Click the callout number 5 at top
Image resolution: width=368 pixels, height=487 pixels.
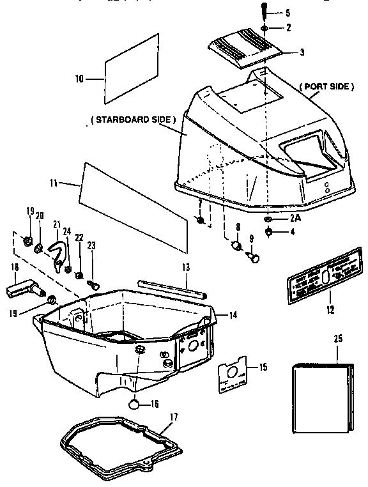coord(287,12)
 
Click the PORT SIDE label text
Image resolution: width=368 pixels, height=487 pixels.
coord(326,86)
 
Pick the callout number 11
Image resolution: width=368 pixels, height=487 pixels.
coord(54,183)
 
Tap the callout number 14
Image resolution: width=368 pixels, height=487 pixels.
coord(233,315)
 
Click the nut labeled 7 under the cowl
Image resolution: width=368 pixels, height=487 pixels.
coord(201,221)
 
